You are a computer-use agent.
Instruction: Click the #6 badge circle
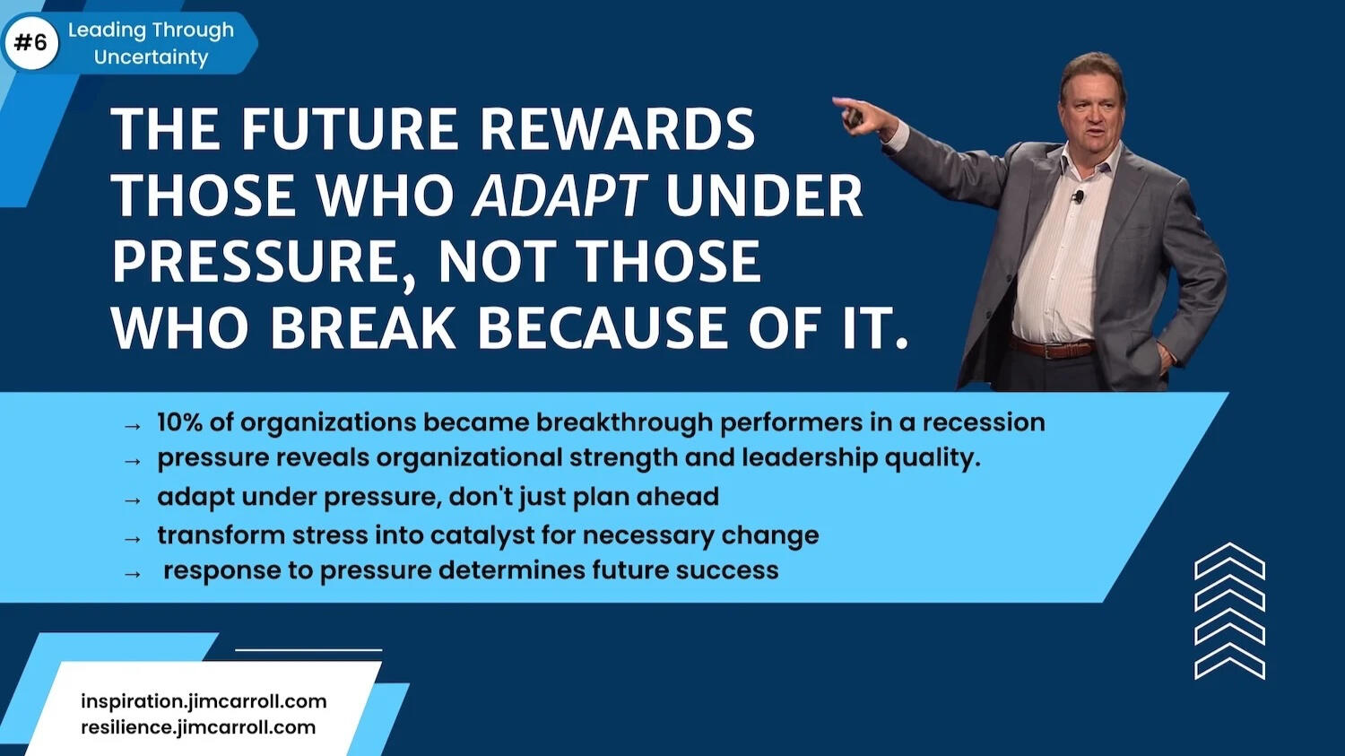[x=31, y=43]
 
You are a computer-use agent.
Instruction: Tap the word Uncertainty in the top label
[x=151, y=57]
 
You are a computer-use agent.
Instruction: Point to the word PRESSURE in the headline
[x=256, y=262]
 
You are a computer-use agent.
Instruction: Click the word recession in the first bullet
[x=984, y=422]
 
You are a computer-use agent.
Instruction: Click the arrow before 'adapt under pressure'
[x=132, y=500]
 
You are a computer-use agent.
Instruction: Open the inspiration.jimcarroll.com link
[x=204, y=701]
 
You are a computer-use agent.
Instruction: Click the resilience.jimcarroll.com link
[x=198, y=728]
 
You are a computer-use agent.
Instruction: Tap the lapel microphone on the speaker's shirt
[x=1079, y=196]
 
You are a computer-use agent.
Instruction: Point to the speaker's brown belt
[x=1052, y=348]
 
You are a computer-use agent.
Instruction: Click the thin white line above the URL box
[x=308, y=649]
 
